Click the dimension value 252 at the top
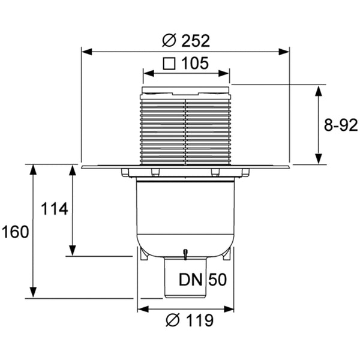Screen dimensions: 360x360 [196, 41]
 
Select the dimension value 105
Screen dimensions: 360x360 [195, 63]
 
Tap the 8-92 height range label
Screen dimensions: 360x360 [341, 125]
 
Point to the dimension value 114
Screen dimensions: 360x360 [55, 209]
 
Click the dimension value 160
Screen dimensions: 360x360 [15, 232]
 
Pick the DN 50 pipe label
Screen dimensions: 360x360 [203, 280]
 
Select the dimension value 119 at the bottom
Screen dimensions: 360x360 [200, 320]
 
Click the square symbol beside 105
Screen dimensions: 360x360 [169, 64]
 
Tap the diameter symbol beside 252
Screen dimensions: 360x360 [169, 41]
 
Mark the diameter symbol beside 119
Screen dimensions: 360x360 [173, 320]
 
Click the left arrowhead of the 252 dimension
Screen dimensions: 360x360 [87, 52]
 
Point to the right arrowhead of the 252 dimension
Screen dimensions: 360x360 [284, 52]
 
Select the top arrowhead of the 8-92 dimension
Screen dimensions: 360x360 [318, 91]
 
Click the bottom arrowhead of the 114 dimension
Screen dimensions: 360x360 [73, 250]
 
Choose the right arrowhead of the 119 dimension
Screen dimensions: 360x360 [229, 309]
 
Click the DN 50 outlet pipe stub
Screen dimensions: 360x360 [186, 277]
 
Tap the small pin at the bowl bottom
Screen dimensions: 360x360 [185, 254]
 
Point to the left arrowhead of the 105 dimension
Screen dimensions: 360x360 [148, 73]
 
